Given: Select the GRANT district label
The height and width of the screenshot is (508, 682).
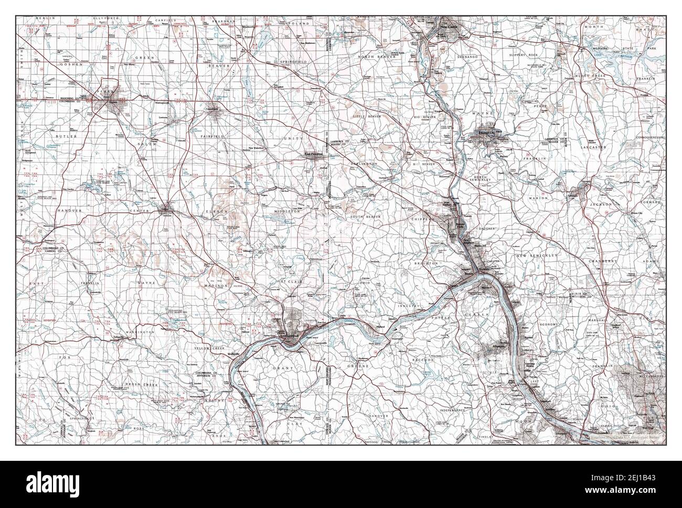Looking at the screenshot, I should (280, 369).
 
